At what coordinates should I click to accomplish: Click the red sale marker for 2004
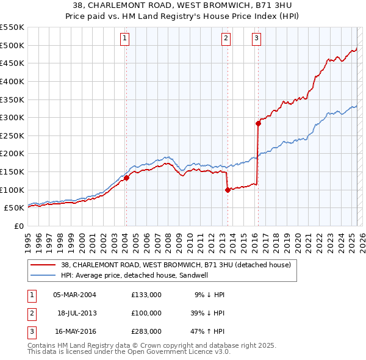point(126,178)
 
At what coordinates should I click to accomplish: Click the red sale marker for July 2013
point(228,190)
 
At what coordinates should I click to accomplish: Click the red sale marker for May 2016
point(258,123)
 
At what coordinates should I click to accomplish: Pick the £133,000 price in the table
point(146,295)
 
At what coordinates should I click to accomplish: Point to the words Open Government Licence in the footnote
point(176,352)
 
